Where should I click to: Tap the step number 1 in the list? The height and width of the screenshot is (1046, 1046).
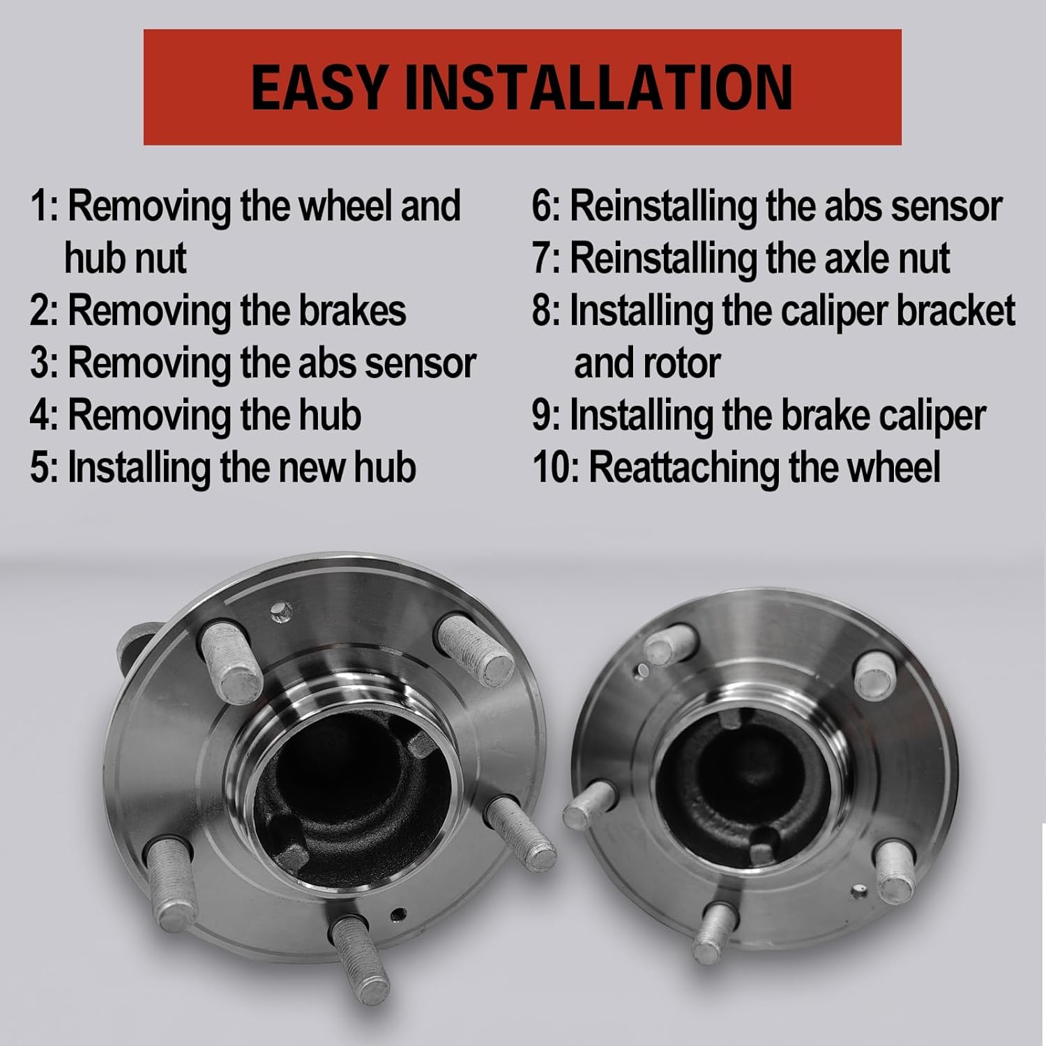pos(40,206)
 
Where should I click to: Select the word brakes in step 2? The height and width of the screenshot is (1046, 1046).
pos(352,311)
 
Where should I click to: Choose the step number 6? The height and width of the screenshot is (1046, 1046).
pos(543,206)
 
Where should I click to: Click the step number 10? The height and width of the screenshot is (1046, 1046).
pos(551,468)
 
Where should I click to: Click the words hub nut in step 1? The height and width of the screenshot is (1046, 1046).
pos(126,259)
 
